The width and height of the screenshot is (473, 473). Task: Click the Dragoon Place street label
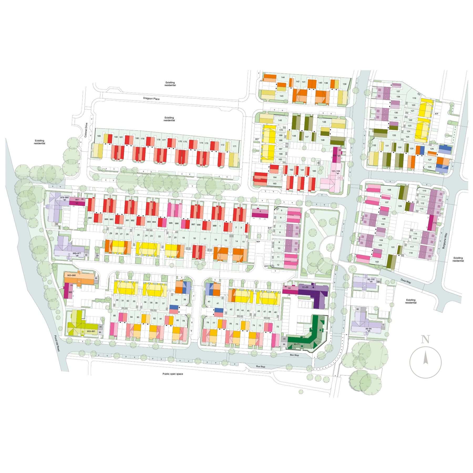(151, 99)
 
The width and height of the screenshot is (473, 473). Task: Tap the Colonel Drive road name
(86, 130)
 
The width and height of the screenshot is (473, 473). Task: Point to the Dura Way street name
(406, 281)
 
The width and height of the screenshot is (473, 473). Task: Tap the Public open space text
(173, 374)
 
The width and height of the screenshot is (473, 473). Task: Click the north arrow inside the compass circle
(425, 358)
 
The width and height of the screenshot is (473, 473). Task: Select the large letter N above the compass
(425, 340)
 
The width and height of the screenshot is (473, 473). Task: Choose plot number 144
(283, 77)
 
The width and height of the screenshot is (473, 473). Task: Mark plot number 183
(99, 136)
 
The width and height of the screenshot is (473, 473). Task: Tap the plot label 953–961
(91, 331)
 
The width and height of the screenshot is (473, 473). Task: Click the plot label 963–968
(71, 275)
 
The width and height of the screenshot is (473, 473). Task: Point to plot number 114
(434, 223)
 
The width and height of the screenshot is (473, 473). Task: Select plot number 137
(398, 91)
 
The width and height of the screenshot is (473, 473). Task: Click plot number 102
(377, 262)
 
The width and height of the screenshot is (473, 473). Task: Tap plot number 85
(114, 316)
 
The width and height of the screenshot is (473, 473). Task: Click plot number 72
(277, 327)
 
